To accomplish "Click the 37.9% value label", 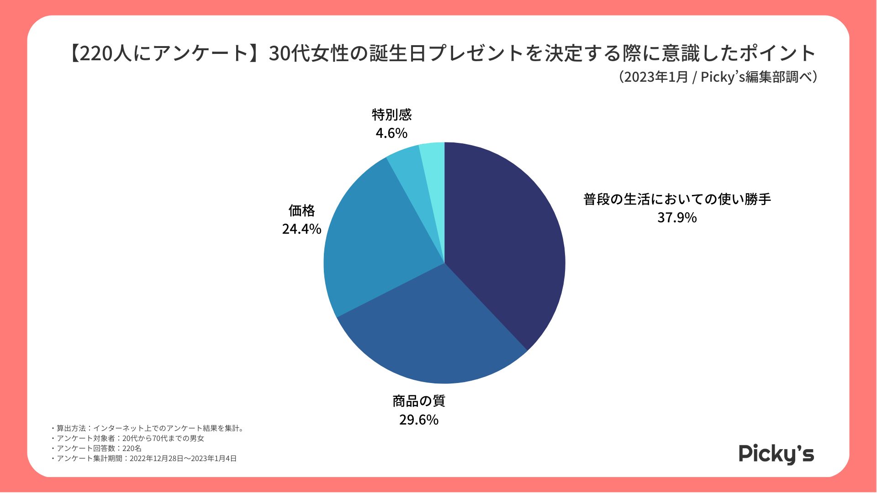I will (677, 218).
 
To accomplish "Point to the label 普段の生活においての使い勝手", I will (677, 199).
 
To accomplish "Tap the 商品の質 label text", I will (418, 401).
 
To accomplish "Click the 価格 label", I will (301, 210).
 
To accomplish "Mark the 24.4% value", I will (301, 229).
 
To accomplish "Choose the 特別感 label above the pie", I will (391, 115).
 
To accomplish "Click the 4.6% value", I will (391, 133).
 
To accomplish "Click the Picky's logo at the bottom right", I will (776, 454).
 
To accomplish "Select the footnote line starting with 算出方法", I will (149, 428).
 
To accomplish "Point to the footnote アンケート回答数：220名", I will (98, 448).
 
